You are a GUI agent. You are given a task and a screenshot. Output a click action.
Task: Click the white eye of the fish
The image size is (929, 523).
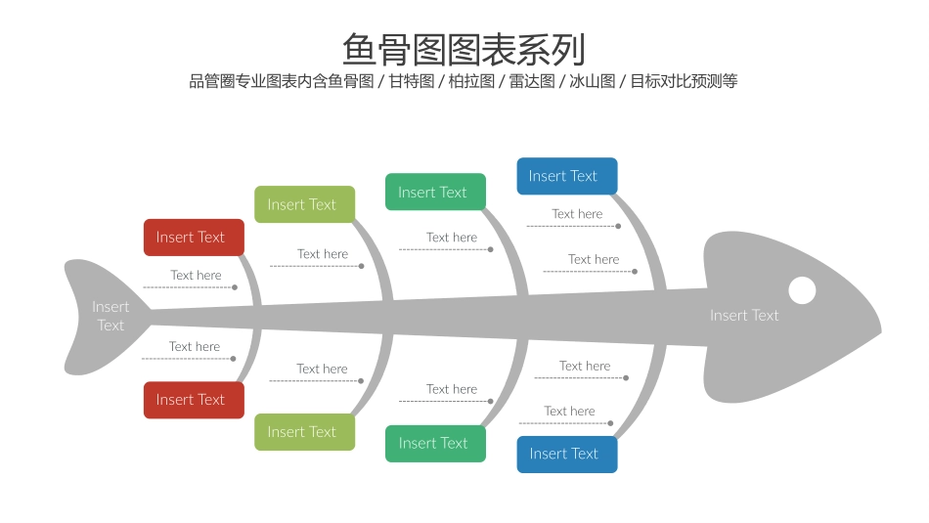click(802, 290)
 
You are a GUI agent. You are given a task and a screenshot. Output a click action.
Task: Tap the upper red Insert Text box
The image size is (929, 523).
click(194, 238)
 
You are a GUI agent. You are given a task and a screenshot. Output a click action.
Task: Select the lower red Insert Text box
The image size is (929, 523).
click(194, 400)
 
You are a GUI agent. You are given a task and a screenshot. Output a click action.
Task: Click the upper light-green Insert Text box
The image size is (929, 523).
click(304, 204)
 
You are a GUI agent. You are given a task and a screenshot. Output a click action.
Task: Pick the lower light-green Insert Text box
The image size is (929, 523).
click(304, 432)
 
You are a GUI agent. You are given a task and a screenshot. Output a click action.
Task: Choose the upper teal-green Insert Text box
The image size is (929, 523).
click(435, 193)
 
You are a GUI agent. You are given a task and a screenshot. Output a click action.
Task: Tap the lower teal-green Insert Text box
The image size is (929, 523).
click(435, 444)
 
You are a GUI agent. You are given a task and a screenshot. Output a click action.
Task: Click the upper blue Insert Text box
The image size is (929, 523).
click(566, 176)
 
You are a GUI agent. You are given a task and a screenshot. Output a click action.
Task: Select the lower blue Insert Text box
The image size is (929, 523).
click(566, 454)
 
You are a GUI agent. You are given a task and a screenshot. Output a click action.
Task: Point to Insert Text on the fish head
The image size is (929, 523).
click(744, 315)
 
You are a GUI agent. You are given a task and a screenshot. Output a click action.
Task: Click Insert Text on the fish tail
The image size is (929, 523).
click(111, 316)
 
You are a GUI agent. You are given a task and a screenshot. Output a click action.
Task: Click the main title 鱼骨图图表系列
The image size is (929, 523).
click(464, 49)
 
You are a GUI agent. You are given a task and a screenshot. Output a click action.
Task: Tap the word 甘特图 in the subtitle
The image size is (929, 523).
click(411, 81)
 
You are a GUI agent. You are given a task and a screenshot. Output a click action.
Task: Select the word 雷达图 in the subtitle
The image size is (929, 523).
click(532, 81)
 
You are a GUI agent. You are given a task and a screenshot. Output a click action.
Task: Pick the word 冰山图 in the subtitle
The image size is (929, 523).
click(592, 81)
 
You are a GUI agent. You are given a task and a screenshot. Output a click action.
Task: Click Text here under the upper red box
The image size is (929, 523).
click(196, 276)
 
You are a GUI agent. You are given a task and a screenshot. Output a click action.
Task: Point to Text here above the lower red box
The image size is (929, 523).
click(195, 347)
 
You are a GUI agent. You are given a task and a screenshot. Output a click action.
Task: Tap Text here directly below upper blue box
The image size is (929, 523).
click(577, 214)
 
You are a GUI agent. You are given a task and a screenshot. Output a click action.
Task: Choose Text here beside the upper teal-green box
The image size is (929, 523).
click(452, 238)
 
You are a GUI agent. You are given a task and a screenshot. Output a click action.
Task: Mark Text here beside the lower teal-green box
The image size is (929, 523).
click(452, 389)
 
